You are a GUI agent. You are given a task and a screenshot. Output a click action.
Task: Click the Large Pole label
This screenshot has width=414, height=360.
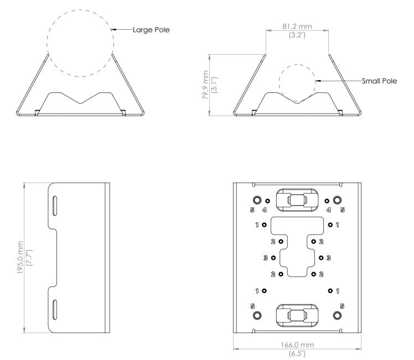151,30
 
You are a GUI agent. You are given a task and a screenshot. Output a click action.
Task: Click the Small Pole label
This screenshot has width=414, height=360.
379,81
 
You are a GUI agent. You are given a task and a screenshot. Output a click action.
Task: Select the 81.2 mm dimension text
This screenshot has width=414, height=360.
297,26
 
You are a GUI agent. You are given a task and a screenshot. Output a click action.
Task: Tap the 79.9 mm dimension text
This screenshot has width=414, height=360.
205,84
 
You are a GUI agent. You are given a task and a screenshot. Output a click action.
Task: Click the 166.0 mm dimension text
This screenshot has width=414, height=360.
298,345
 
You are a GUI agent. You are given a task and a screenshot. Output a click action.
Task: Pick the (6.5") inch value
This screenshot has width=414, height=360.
298,353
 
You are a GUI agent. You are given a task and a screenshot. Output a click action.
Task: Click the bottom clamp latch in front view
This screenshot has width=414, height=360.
297,315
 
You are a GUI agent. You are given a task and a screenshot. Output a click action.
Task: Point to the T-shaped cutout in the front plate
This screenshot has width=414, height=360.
297,243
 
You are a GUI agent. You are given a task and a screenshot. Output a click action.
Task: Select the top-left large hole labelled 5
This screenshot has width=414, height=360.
257,201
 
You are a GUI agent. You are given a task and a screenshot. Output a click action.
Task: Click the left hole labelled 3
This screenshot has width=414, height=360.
273,258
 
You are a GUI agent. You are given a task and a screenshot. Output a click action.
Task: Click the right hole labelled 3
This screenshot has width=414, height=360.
322,258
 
